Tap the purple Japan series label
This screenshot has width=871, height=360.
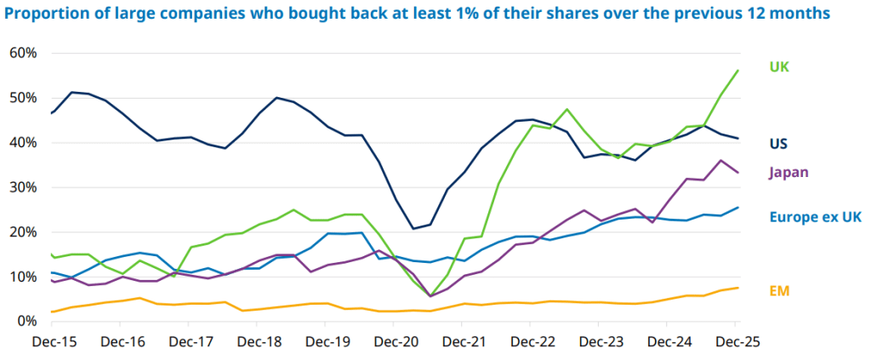coord(788,173)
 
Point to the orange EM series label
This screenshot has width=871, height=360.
coord(780,291)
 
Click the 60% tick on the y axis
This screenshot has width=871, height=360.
coord(23,53)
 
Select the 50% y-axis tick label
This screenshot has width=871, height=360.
coord(23,98)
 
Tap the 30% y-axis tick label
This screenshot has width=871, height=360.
coord(23,187)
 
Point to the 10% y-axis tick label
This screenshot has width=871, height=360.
coord(23,277)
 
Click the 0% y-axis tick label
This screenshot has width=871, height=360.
coord(26,321)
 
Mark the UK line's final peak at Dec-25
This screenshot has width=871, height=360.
coord(737,70)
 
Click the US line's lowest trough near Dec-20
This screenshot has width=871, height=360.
coord(413,228)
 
